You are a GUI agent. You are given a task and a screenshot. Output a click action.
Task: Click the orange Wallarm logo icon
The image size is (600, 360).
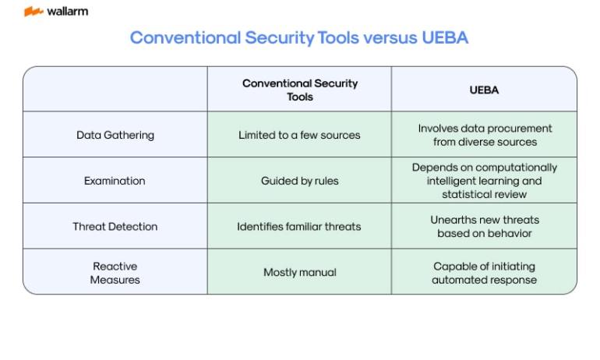(34, 12)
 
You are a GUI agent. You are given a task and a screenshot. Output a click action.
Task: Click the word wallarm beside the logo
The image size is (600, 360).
(67, 12)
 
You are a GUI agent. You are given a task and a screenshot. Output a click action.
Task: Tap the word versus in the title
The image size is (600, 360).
(390, 37)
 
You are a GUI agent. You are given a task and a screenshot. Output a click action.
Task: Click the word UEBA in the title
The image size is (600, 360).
(445, 37)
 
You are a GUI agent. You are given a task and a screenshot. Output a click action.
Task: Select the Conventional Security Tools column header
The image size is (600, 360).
(300, 90)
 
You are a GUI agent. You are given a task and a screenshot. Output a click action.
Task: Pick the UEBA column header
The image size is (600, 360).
(484, 90)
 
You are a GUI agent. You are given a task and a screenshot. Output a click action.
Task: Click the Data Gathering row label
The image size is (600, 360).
(115, 135)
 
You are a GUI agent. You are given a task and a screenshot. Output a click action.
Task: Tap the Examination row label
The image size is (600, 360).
(115, 181)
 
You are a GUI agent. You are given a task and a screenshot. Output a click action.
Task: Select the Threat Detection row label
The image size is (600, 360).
(115, 227)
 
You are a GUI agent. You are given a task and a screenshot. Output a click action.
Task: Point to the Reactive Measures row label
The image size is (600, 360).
(115, 273)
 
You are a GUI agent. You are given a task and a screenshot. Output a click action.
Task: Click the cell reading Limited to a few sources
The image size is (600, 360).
(299, 135)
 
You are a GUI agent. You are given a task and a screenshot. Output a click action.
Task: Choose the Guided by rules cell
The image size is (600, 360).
(300, 181)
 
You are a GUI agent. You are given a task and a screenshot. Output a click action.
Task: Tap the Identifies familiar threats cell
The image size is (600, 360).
(299, 227)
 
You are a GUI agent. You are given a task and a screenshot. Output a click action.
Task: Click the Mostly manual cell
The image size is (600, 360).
(300, 273)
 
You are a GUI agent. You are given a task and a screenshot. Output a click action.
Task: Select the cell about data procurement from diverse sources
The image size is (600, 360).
(485, 135)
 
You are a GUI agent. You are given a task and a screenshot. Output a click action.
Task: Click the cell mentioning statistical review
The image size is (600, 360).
(485, 181)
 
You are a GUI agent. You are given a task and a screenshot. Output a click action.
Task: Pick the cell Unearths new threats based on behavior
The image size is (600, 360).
(485, 227)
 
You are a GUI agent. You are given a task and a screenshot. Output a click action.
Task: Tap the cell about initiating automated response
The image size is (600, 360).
(484, 273)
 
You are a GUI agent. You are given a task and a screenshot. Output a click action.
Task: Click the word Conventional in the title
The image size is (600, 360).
(185, 37)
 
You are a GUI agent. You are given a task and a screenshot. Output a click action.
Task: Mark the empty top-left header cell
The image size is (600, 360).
(115, 89)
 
